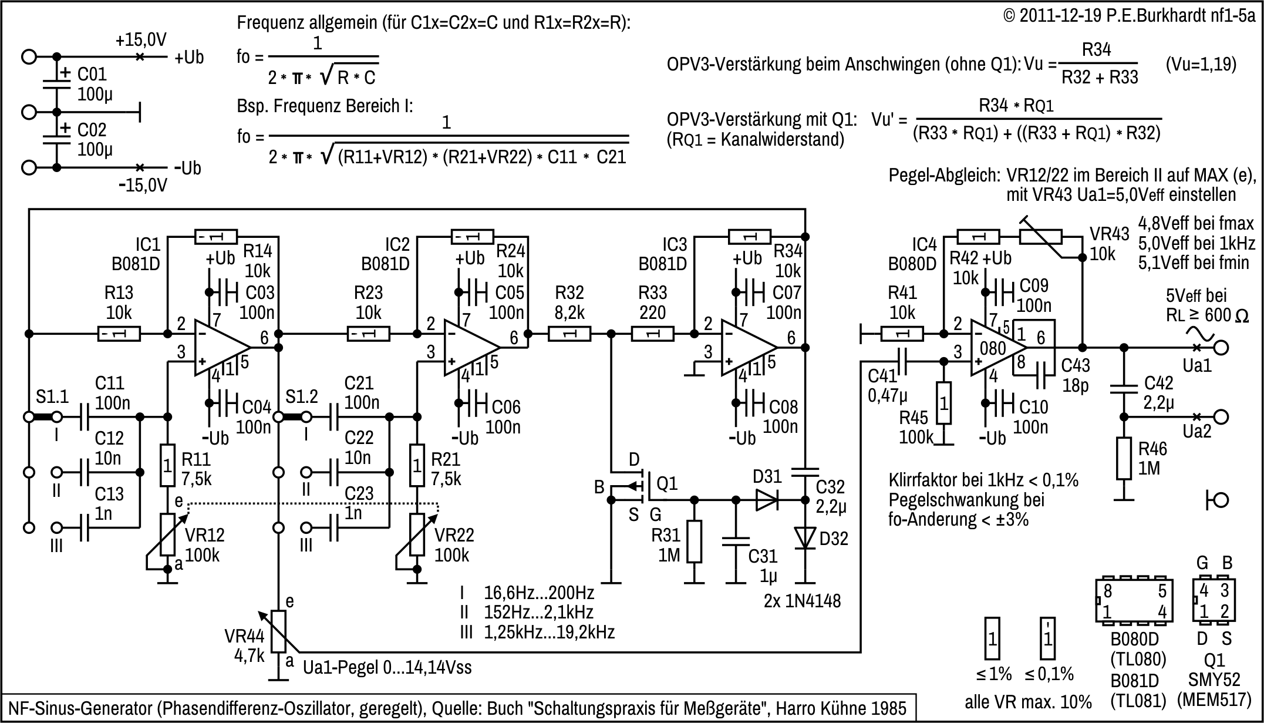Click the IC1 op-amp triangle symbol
tap(220, 348)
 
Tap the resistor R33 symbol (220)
tap(652, 334)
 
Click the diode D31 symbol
tap(767, 500)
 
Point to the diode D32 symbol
tap(805, 537)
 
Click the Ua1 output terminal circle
tap(1221, 348)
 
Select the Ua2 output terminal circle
tap(1221, 417)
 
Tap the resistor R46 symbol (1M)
tap(1124, 458)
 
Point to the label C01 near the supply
tap(92, 75)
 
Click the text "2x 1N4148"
tap(802, 601)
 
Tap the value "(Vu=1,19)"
tap(1201, 64)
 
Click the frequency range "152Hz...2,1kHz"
tap(538, 612)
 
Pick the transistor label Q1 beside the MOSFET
tap(667, 483)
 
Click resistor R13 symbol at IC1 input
tap(119, 334)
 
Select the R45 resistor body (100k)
tap(943, 403)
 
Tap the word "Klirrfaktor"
tap(922, 480)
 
